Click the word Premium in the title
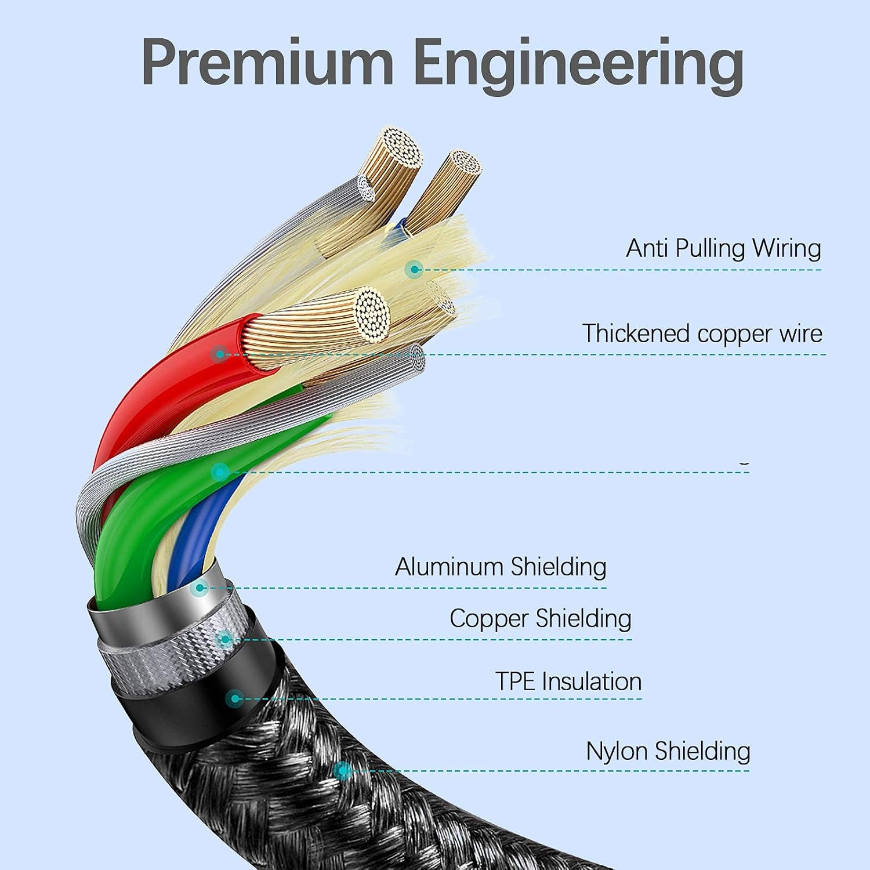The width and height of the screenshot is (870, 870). [x=267, y=62]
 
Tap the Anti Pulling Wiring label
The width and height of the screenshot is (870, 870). [x=723, y=248]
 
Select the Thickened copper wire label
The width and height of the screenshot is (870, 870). [x=702, y=334]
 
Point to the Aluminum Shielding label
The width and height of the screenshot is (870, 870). [x=501, y=567]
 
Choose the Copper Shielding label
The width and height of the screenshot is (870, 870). [x=541, y=618]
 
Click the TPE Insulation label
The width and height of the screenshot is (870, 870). [x=568, y=681]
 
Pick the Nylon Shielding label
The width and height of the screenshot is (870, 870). [x=668, y=751]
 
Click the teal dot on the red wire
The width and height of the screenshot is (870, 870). [x=220, y=353]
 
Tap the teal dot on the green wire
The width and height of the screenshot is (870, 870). [x=219, y=472]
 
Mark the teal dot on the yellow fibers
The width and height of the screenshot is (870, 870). [x=414, y=269]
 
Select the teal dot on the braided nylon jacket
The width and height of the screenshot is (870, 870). [x=343, y=771]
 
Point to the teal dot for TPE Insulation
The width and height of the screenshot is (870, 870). [x=234, y=698]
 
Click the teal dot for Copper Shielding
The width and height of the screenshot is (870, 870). [x=224, y=640]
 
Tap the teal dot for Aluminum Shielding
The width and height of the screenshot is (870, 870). [x=200, y=588]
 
